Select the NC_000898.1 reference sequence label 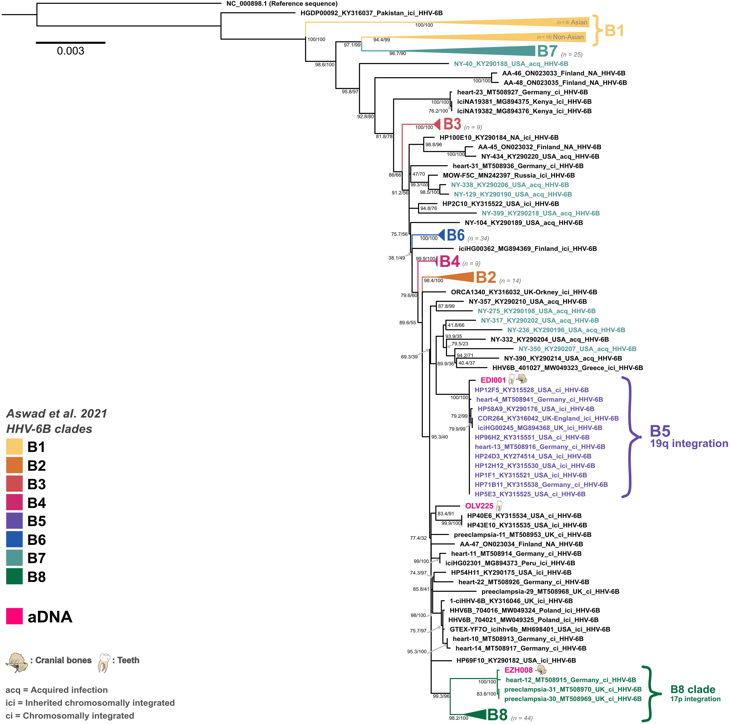281,4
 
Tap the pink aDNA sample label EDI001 493,380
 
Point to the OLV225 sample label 479,506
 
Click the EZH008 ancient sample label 518,670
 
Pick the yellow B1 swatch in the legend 14,447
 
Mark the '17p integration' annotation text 695,699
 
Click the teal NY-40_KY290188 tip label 511,64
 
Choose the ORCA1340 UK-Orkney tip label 524,292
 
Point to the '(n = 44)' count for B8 522,718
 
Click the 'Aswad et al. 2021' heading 57,413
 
